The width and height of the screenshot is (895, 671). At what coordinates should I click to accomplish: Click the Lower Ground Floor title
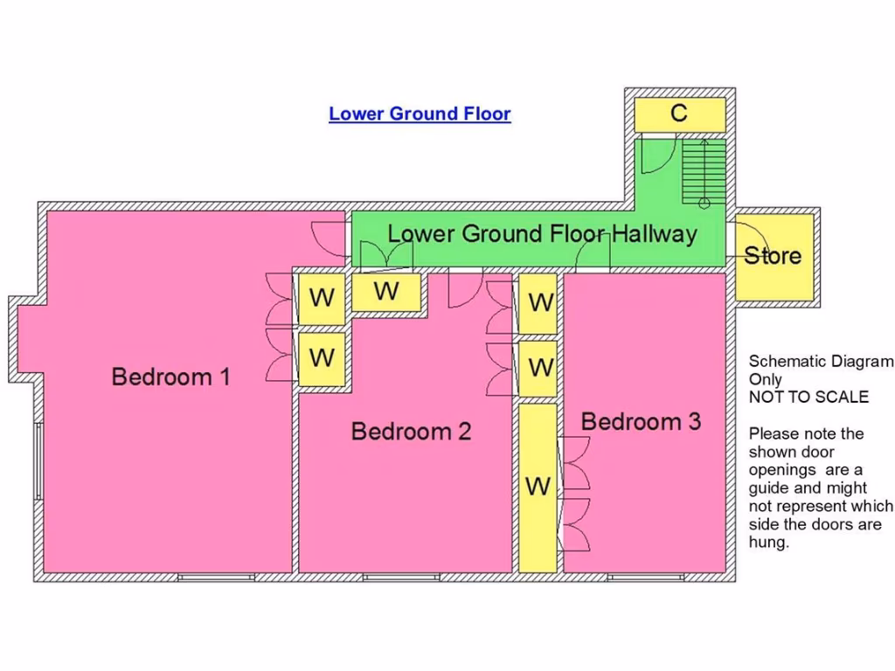pyautogui.click(x=420, y=114)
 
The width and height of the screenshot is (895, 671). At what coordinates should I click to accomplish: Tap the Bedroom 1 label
pyautogui.click(x=170, y=377)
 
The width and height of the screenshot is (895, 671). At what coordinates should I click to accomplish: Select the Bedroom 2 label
pyautogui.click(x=411, y=432)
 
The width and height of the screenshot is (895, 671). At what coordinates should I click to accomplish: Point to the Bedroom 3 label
pyautogui.click(x=641, y=422)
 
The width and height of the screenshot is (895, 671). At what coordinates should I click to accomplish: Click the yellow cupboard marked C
pyautogui.click(x=680, y=114)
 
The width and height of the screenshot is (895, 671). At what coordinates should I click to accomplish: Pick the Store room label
pyautogui.click(x=773, y=256)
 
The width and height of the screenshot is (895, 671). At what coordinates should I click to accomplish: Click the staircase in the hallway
pyautogui.click(x=704, y=171)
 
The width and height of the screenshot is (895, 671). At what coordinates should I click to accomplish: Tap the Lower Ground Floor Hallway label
pyautogui.click(x=542, y=234)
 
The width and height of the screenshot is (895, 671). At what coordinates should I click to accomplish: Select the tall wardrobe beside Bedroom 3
pyautogui.click(x=538, y=488)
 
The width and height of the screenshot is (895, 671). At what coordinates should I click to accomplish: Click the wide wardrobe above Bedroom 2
pyautogui.click(x=386, y=292)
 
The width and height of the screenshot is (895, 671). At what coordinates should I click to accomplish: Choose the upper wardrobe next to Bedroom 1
pyautogui.click(x=322, y=299)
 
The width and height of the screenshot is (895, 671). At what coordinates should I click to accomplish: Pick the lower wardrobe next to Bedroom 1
pyautogui.click(x=322, y=359)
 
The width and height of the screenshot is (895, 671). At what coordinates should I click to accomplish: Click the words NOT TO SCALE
pyautogui.click(x=808, y=397)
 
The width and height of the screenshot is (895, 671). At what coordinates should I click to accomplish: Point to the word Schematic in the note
pyautogui.click(x=787, y=361)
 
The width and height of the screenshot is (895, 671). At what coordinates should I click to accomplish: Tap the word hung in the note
pyautogui.click(x=768, y=542)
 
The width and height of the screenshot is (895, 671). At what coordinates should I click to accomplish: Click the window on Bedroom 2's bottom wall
pyautogui.click(x=401, y=578)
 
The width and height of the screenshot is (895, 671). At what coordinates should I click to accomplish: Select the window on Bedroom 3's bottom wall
pyautogui.click(x=646, y=578)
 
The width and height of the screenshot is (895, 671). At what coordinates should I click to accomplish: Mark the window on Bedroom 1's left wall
pyautogui.click(x=38, y=461)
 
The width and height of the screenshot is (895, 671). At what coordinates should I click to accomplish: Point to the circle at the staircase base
pyautogui.click(x=704, y=203)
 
